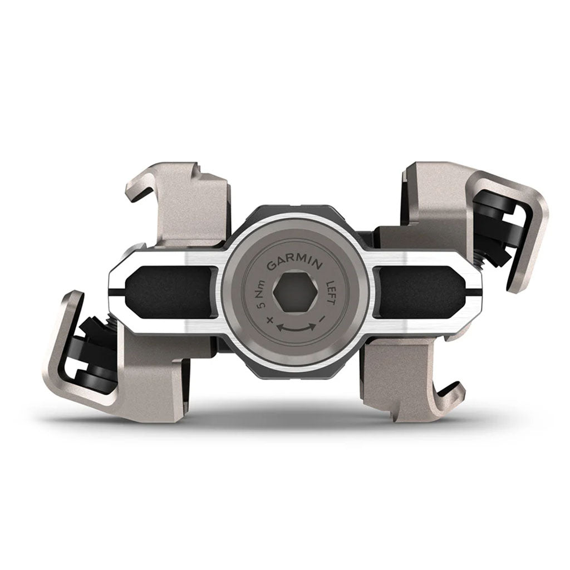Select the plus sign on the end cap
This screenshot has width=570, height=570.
coord(269,321)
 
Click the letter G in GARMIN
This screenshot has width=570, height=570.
coord(271,268)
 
